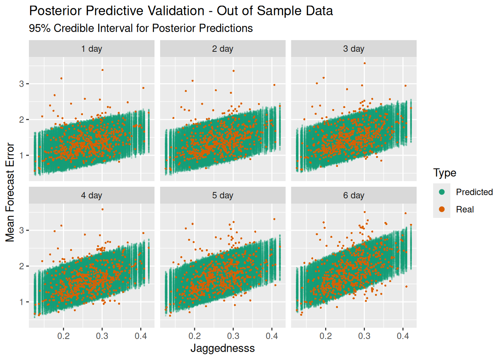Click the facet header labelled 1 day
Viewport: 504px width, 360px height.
[x=91, y=49]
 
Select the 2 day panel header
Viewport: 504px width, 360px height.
[x=223, y=49]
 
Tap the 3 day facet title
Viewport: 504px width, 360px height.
[x=354, y=49]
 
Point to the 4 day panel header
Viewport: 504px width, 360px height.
[x=91, y=195]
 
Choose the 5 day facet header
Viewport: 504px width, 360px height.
[x=223, y=195]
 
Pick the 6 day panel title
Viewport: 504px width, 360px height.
[x=354, y=195]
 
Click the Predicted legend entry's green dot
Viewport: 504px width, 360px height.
[x=442, y=192]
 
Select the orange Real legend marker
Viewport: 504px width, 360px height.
[x=442, y=209]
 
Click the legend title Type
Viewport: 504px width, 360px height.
[x=445, y=173]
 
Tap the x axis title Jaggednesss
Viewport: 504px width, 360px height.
[x=223, y=348]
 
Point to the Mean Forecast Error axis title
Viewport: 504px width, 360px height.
[x=10, y=192]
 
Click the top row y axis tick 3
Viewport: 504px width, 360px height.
[x=22, y=84]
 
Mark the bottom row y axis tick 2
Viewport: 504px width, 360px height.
[x=22, y=266]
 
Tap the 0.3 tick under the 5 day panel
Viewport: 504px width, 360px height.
[x=233, y=336]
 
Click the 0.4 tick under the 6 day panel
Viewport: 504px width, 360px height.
[x=403, y=336]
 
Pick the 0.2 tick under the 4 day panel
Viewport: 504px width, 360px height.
[x=63, y=336]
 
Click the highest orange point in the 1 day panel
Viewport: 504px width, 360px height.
[x=102, y=70]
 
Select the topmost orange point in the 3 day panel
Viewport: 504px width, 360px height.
[x=364, y=63]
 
